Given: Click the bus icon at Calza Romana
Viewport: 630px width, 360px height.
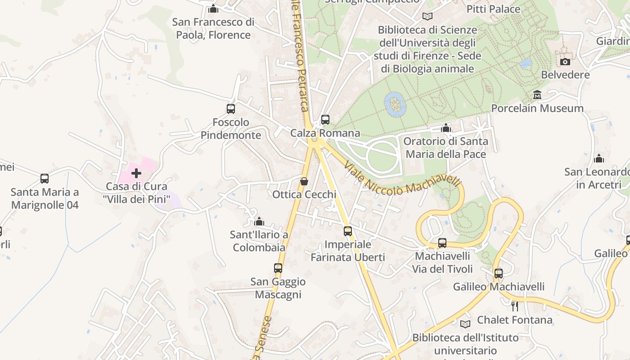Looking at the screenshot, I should (x=325, y=120).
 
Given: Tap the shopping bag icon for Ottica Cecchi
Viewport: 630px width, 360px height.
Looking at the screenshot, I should (x=304, y=181).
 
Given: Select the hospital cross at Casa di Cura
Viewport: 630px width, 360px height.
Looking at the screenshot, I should (x=136, y=173).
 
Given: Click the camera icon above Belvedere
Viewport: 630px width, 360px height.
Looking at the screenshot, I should (x=565, y=62).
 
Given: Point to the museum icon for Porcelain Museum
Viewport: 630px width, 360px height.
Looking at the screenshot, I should (x=537, y=95).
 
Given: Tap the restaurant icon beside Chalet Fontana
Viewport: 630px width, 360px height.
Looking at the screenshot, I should (x=515, y=306).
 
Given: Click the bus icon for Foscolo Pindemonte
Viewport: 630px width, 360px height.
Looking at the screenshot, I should (x=231, y=109).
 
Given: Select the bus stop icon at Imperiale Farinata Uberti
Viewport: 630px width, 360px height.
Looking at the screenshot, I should (x=348, y=231).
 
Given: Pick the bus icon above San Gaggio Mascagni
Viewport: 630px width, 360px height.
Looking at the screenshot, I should (x=278, y=268).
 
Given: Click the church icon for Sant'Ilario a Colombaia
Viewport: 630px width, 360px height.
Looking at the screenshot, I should (x=259, y=221).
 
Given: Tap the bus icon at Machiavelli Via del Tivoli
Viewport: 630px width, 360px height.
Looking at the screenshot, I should (x=442, y=243).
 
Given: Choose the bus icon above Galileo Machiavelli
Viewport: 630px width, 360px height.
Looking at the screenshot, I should (x=498, y=273).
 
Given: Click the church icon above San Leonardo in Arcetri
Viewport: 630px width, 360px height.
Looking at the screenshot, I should (x=598, y=158).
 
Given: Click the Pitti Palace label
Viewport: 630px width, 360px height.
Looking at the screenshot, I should (x=493, y=9).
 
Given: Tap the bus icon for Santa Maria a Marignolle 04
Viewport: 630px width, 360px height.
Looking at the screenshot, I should (x=45, y=179).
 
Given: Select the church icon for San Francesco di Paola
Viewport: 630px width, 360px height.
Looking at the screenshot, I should (x=213, y=9).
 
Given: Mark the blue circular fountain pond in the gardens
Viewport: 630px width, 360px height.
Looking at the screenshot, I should (x=396, y=104).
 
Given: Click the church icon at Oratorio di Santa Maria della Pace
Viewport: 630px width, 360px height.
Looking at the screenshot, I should (x=446, y=128).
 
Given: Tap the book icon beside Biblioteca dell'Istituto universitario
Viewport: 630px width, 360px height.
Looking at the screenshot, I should (x=465, y=324).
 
